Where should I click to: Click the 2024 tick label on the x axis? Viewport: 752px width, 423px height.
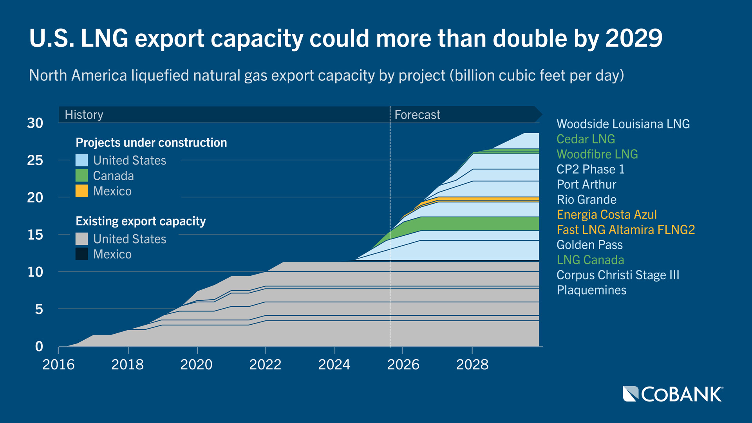click(334, 365)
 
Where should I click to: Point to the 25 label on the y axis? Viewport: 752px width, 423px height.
click(35, 160)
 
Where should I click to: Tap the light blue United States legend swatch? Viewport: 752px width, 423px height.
click(81, 160)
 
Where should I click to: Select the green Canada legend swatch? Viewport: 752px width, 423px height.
click(81, 175)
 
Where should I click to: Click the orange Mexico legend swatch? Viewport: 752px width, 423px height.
click(81, 191)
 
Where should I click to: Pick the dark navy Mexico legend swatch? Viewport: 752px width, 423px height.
click(81, 254)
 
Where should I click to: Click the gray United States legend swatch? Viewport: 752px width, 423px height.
click(81, 239)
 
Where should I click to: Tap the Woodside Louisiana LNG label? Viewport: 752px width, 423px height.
click(623, 124)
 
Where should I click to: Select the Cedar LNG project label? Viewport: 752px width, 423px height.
click(586, 139)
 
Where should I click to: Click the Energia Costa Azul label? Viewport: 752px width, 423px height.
click(606, 215)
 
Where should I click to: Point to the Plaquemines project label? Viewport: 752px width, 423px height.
click(591, 290)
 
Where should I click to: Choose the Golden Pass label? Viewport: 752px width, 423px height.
click(589, 245)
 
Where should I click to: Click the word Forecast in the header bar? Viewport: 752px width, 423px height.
click(417, 115)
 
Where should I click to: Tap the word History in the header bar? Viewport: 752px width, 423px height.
click(84, 115)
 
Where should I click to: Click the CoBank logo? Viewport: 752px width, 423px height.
click(673, 394)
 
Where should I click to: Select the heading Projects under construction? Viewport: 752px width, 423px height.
click(151, 143)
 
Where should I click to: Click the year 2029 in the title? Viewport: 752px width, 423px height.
click(634, 38)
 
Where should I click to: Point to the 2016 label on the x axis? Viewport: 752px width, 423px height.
click(58, 365)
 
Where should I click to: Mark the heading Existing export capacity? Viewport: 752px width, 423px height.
click(141, 221)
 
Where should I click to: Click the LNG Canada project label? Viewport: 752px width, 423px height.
click(590, 260)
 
